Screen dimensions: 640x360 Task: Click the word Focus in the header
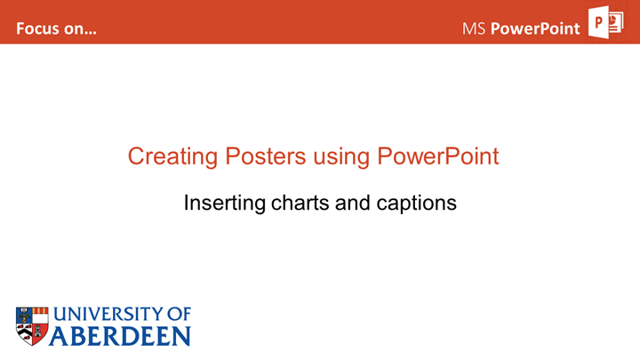[36, 28]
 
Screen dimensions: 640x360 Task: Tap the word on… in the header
[78, 29]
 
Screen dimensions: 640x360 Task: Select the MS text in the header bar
[474, 28]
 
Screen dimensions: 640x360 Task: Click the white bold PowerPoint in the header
[535, 28]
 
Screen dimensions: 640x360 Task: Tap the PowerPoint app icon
[605, 22]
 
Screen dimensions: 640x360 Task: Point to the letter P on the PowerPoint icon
[599, 22]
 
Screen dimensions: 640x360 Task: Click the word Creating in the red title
[173, 157]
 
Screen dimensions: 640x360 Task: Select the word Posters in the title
[266, 156]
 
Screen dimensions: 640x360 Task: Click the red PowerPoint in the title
[438, 156]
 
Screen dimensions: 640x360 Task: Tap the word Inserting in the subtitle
[225, 204]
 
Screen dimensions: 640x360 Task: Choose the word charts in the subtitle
[300, 203]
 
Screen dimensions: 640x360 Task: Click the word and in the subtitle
[353, 203]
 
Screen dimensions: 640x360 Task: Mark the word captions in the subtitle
[416, 204]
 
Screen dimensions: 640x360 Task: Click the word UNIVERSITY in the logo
[108, 315]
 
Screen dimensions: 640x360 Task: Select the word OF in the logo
[179, 315]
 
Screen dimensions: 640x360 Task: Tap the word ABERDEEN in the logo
[120, 336]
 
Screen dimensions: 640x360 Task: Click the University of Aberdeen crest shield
[32, 326]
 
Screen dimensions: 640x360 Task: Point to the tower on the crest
[39, 332]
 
